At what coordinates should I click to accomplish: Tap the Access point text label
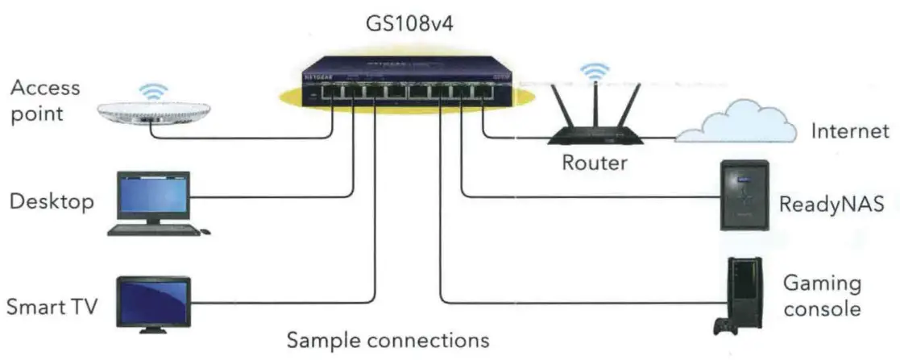coord(45,100)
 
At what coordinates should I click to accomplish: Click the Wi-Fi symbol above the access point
coord(151,89)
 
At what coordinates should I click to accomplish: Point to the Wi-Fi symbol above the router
coord(595,72)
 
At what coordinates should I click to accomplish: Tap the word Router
coord(595,163)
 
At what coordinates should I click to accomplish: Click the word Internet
coord(849,131)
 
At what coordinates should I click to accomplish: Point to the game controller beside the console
coord(722,327)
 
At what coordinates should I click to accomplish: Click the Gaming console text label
coord(821,296)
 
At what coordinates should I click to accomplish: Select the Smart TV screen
coord(153,300)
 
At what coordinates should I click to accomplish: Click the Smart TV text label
coord(52,307)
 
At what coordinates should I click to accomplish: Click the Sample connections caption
coord(388,340)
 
